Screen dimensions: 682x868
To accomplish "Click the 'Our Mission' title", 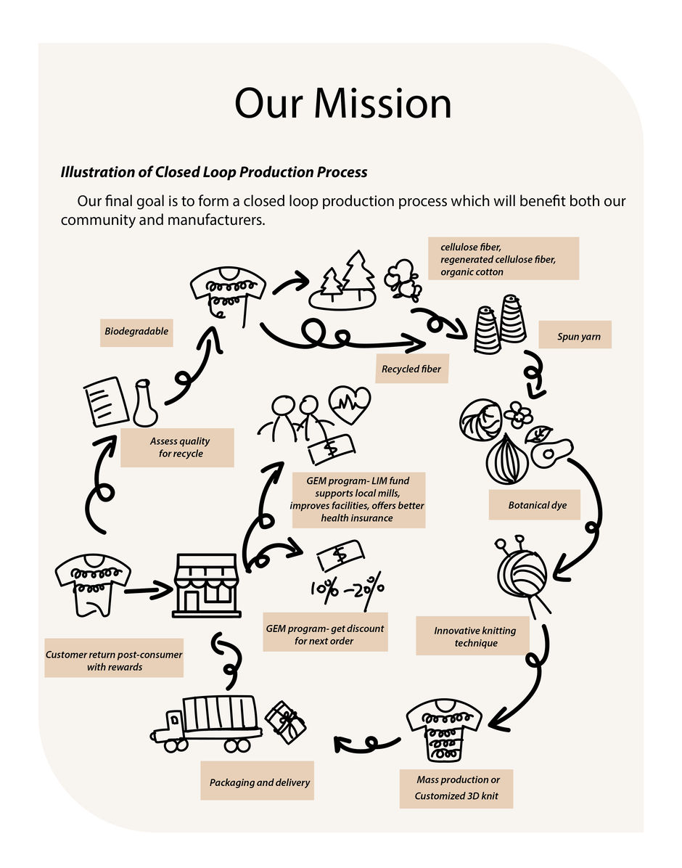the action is [x=342, y=104].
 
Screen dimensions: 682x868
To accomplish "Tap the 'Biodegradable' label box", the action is [x=136, y=332].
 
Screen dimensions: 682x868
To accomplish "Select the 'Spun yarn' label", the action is [x=579, y=336].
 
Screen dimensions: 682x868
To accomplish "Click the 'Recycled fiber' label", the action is [x=411, y=369].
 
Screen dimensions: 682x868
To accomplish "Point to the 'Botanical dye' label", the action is [x=538, y=504].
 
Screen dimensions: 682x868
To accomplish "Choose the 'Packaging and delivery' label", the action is [x=259, y=782].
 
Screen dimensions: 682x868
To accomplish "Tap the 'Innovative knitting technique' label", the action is [x=475, y=636].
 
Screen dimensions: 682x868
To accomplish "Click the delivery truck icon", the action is [x=207, y=724].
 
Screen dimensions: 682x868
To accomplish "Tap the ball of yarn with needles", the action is [x=522, y=573].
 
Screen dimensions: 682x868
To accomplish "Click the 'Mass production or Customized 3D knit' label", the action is [x=456, y=788].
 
